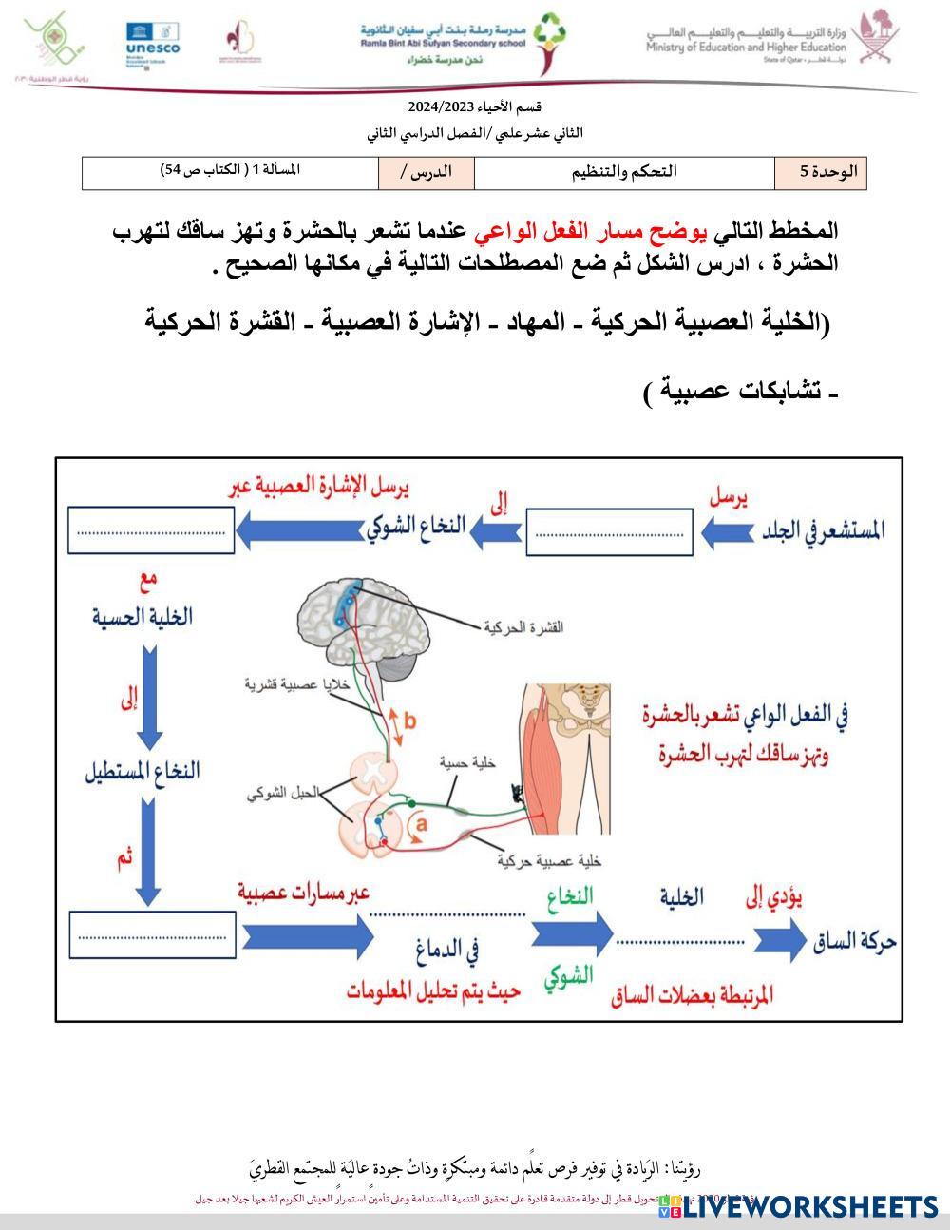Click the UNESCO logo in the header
(x=152, y=39)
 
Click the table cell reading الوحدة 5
(x=821, y=172)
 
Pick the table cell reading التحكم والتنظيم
(x=624, y=172)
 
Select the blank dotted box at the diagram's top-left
(x=151, y=530)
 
